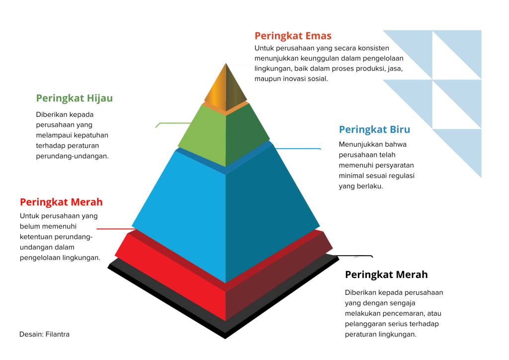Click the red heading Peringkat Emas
pyautogui.click(x=293, y=36)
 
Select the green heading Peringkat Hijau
pyautogui.click(x=75, y=98)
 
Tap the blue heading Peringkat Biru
pyautogui.click(x=374, y=129)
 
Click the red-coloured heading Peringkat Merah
pyautogui.click(x=61, y=202)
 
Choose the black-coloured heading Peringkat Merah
pyautogui.click(x=386, y=274)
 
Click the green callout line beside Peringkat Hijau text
pyautogui.click(x=172, y=124)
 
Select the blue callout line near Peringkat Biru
pyautogui.click(x=298, y=149)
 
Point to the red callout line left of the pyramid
pyautogui.click(x=116, y=229)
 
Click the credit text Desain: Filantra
pyautogui.click(x=44, y=334)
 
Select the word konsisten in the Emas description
pyautogui.click(x=373, y=48)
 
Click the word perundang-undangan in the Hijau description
pyautogui.click(x=72, y=156)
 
